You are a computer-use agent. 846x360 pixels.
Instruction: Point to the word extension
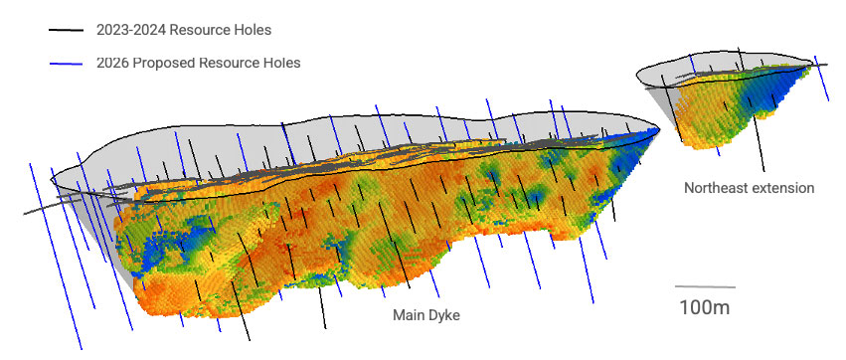(784, 187)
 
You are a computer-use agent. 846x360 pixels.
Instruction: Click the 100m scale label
(704, 306)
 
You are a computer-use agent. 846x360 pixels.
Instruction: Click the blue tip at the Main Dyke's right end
(646, 133)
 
